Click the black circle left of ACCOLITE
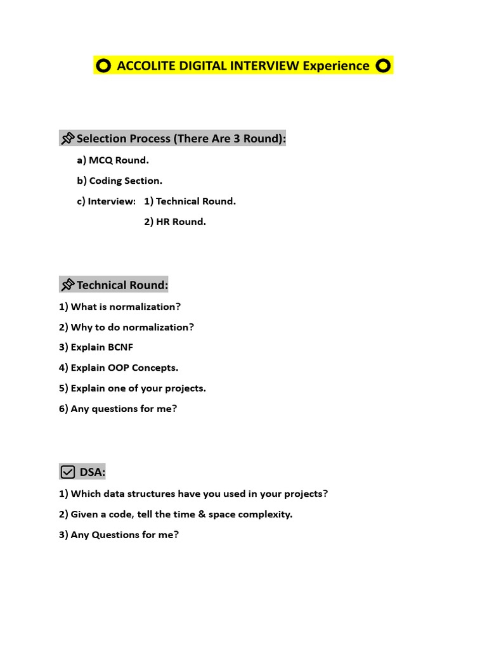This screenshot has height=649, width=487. click(104, 65)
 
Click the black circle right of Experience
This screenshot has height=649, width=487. click(383, 65)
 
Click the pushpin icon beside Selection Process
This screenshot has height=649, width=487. click(67, 139)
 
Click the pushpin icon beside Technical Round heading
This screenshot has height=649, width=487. click(67, 285)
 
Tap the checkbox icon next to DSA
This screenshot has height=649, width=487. click(68, 472)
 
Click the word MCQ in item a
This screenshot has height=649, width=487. click(100, 160)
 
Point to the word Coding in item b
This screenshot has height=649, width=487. click(105, 181)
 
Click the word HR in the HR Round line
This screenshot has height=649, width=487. click(164, 222)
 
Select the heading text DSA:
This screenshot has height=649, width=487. click(93, 472)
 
